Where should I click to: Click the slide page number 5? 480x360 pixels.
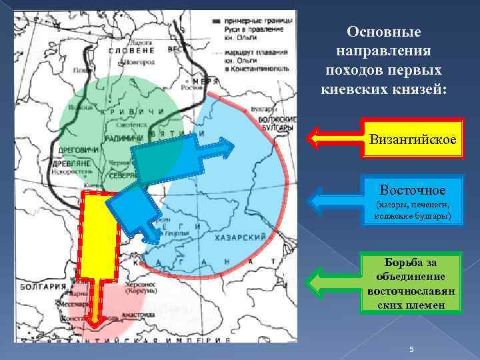[412, 350]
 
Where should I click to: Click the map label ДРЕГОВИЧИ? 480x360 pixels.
[79, 149]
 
